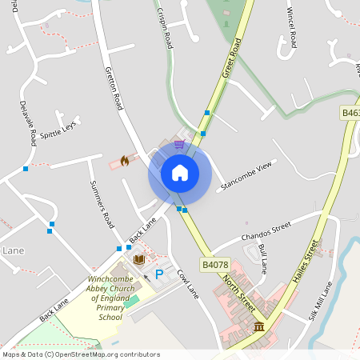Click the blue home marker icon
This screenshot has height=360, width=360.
(179, 172)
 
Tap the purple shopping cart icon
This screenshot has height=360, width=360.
(179, 144)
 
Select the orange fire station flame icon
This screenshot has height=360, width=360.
(124, 161)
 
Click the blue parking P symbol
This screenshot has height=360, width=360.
(158, 274)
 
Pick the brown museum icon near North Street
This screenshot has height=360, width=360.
(259, 326)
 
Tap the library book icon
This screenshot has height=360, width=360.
(139, 259)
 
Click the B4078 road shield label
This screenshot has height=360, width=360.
(215, 264)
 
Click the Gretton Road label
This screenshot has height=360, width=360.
(114, 87)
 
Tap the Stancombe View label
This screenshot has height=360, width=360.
(246, 174)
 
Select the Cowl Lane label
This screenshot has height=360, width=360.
(187, 283)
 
